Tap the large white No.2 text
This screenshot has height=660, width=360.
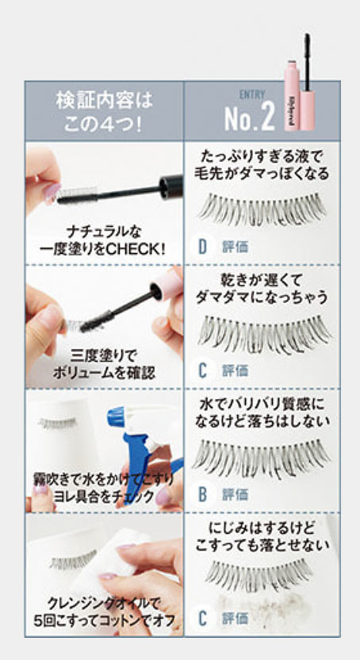click(250, 118)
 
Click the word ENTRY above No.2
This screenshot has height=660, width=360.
click(252, 94)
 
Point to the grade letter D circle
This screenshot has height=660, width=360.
click(202, 247)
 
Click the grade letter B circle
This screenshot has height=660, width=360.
click(202, 495)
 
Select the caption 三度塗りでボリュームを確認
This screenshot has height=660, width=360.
click(104, 365)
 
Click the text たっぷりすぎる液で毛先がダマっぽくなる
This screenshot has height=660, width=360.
click(262, 165)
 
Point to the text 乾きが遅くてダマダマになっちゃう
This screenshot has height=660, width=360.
click(261, 289)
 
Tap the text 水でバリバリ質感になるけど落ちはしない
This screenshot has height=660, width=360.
click(262, 412)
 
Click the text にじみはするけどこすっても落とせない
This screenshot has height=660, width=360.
click(262, 537)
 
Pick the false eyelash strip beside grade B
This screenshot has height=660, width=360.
click(262, 460)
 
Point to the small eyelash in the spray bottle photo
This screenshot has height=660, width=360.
click(57, 422)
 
